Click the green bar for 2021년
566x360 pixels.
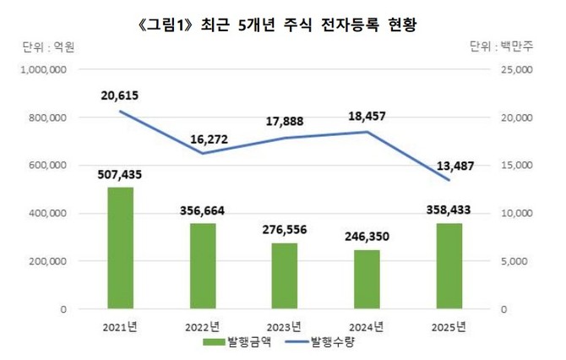coord(120,248)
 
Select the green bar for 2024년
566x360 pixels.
coord(367,280)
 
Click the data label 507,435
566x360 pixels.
coord(120,175)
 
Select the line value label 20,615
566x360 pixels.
coord(120,95)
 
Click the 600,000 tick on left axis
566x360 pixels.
coord(46,166)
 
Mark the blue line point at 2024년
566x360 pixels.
coord(367,132)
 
